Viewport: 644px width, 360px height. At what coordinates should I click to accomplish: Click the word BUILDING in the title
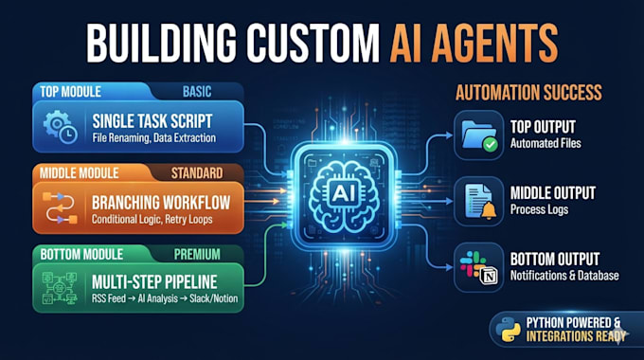coord(161,43)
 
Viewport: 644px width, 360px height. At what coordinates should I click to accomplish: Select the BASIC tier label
coord(197,91)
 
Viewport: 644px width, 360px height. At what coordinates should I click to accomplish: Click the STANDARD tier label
coord(197,173)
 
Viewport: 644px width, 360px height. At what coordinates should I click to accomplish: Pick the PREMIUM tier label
coord(197,255)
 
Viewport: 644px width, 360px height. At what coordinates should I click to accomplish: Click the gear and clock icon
coord(61,127)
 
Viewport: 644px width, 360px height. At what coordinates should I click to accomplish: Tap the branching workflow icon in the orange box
coord(60,207)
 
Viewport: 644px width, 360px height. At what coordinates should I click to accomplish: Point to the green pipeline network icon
coord(60,288)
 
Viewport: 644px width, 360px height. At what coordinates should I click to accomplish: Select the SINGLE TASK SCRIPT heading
coord(152,121)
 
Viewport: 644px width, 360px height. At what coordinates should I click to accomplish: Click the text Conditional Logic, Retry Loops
coord(152,219)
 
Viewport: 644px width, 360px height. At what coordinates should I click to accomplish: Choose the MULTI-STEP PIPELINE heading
coord(154,282)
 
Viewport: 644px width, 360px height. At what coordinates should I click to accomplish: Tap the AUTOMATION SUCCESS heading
coord(528,93)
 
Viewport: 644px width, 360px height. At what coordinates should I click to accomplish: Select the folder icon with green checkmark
coord(479,135)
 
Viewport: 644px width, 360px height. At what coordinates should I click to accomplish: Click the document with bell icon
coord(480,201)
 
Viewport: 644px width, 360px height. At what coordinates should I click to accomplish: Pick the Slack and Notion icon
coord(479,267)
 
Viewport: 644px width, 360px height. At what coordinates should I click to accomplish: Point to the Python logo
coord(508,330)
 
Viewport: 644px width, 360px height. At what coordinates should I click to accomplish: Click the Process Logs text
coord(539,209)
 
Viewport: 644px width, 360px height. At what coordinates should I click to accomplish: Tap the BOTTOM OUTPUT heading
coord(555,260)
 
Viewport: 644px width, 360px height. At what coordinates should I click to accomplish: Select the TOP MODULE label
coord(71,92)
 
